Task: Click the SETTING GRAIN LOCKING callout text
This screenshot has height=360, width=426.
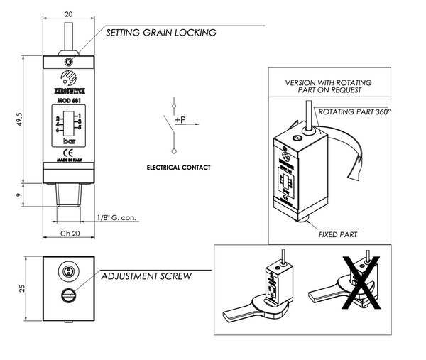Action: (x=161, y=33)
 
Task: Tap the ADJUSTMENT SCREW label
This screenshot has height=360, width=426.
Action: (x=146, y=276)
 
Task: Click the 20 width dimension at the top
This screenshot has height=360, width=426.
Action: (x=68, y=14)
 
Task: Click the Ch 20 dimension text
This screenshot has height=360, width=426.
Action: (x=68, y=234)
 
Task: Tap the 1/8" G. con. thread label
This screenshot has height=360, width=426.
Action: (x=116, y=217)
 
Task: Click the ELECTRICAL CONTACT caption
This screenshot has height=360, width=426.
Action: (x=178, y=168)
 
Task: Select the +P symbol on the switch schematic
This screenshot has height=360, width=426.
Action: (x=180, y=120)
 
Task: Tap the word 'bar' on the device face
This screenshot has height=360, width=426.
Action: (x=68, y=141)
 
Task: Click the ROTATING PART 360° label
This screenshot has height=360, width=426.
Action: (x=355, y=112)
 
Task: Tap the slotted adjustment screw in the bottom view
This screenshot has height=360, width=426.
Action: (x=69, y=295)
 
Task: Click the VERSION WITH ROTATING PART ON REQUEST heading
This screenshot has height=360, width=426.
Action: (x=328, y=87)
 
